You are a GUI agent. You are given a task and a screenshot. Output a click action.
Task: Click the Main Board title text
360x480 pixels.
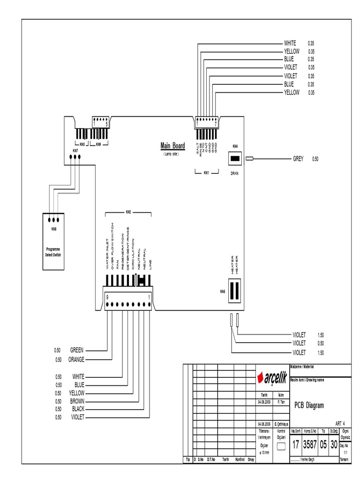[172, 146]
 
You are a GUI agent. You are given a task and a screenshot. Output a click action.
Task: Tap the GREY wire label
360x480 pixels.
[298, 159]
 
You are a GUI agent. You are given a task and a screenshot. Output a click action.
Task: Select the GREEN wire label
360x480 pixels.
[77, 350]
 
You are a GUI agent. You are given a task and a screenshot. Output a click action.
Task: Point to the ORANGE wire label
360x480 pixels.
[76, 360]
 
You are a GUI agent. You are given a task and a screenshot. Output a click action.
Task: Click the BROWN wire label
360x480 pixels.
[77, 401]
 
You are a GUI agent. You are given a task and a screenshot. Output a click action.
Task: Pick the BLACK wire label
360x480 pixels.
[78, 409]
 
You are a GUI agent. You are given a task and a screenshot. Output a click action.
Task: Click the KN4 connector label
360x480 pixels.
[235, 146]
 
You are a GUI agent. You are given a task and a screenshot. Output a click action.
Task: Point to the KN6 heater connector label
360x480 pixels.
[223, 292]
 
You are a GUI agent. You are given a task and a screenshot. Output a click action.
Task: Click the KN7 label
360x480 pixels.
[75, 150]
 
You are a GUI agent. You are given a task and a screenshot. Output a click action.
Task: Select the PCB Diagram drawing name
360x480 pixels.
[309, 405]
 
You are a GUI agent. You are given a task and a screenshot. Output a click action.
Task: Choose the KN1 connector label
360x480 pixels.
[206, 173]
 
